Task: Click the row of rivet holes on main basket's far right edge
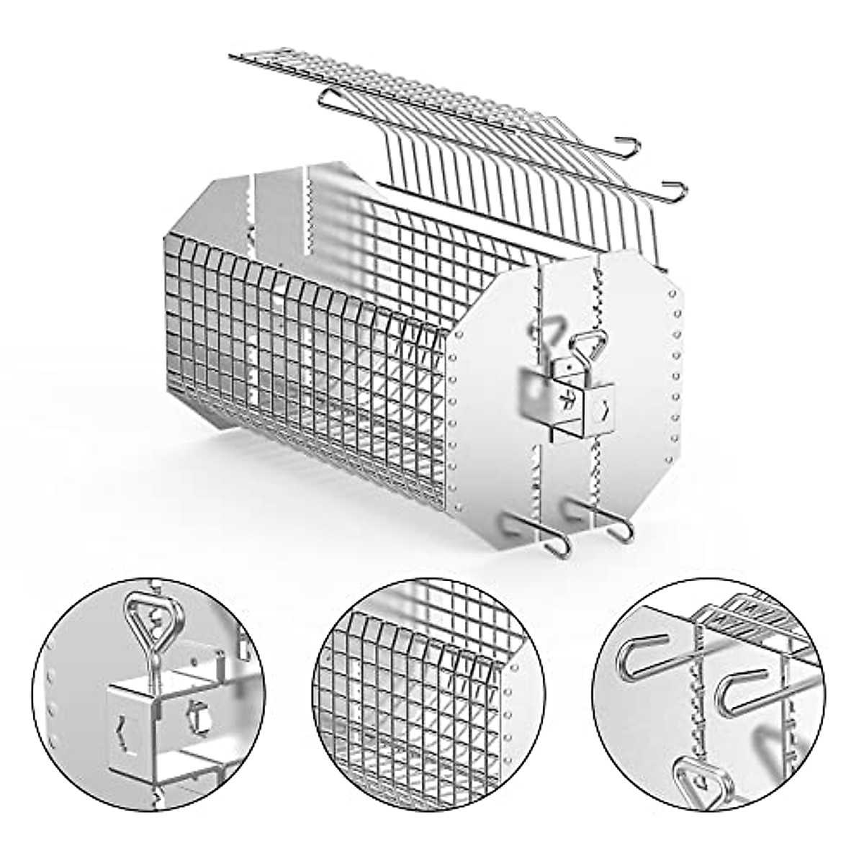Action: click(675, 374)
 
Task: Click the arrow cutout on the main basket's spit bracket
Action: click(608, 410)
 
